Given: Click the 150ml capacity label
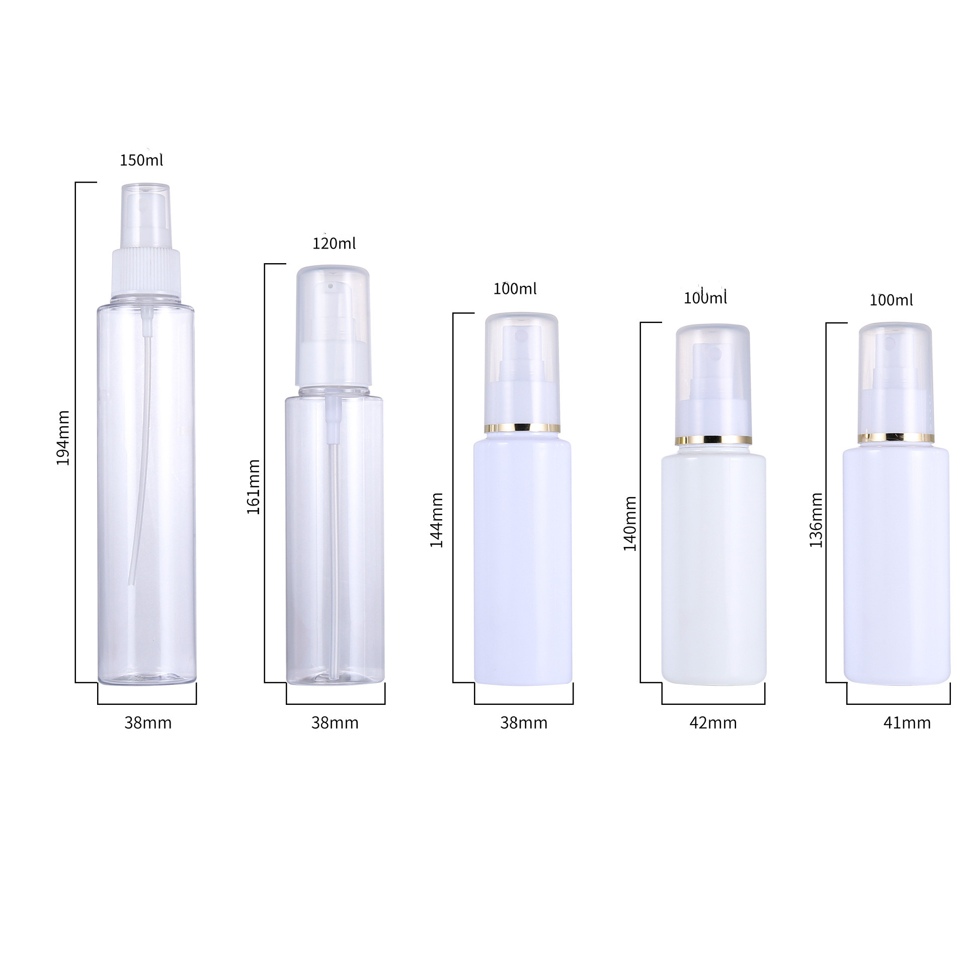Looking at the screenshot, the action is point(141,160).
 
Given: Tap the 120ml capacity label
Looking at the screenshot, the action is point(334,244).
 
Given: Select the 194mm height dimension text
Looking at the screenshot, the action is point(63,438).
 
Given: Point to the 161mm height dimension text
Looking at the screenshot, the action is point(253,487).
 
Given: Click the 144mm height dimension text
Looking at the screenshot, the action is point(436,520).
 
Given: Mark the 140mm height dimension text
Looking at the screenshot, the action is point(630,524).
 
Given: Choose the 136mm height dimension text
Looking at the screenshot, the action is point(816,520).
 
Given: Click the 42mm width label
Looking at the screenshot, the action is point(713,723).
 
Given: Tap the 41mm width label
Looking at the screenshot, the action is point(907,723).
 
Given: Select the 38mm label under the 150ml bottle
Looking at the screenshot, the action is point(148,723).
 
